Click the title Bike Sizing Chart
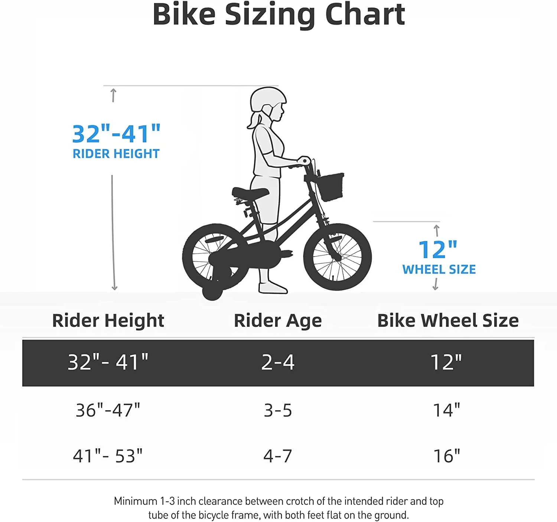click(278, 15)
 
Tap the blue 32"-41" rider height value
click(116, 134)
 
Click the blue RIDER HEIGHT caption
click(116, 154)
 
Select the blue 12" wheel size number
click(438, 250)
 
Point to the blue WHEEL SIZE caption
click(439, 270)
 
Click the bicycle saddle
click(250, 192)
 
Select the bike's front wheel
click(337, 257)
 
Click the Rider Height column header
click(108, 320)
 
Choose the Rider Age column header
click(278, 320)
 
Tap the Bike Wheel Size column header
click(448, 320)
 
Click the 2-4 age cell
click(278, 362)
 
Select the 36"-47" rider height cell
click(108, 410)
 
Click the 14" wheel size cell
click(447, 410)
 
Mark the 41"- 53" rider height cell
click(108, 456)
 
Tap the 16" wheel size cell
click(447, 456)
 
